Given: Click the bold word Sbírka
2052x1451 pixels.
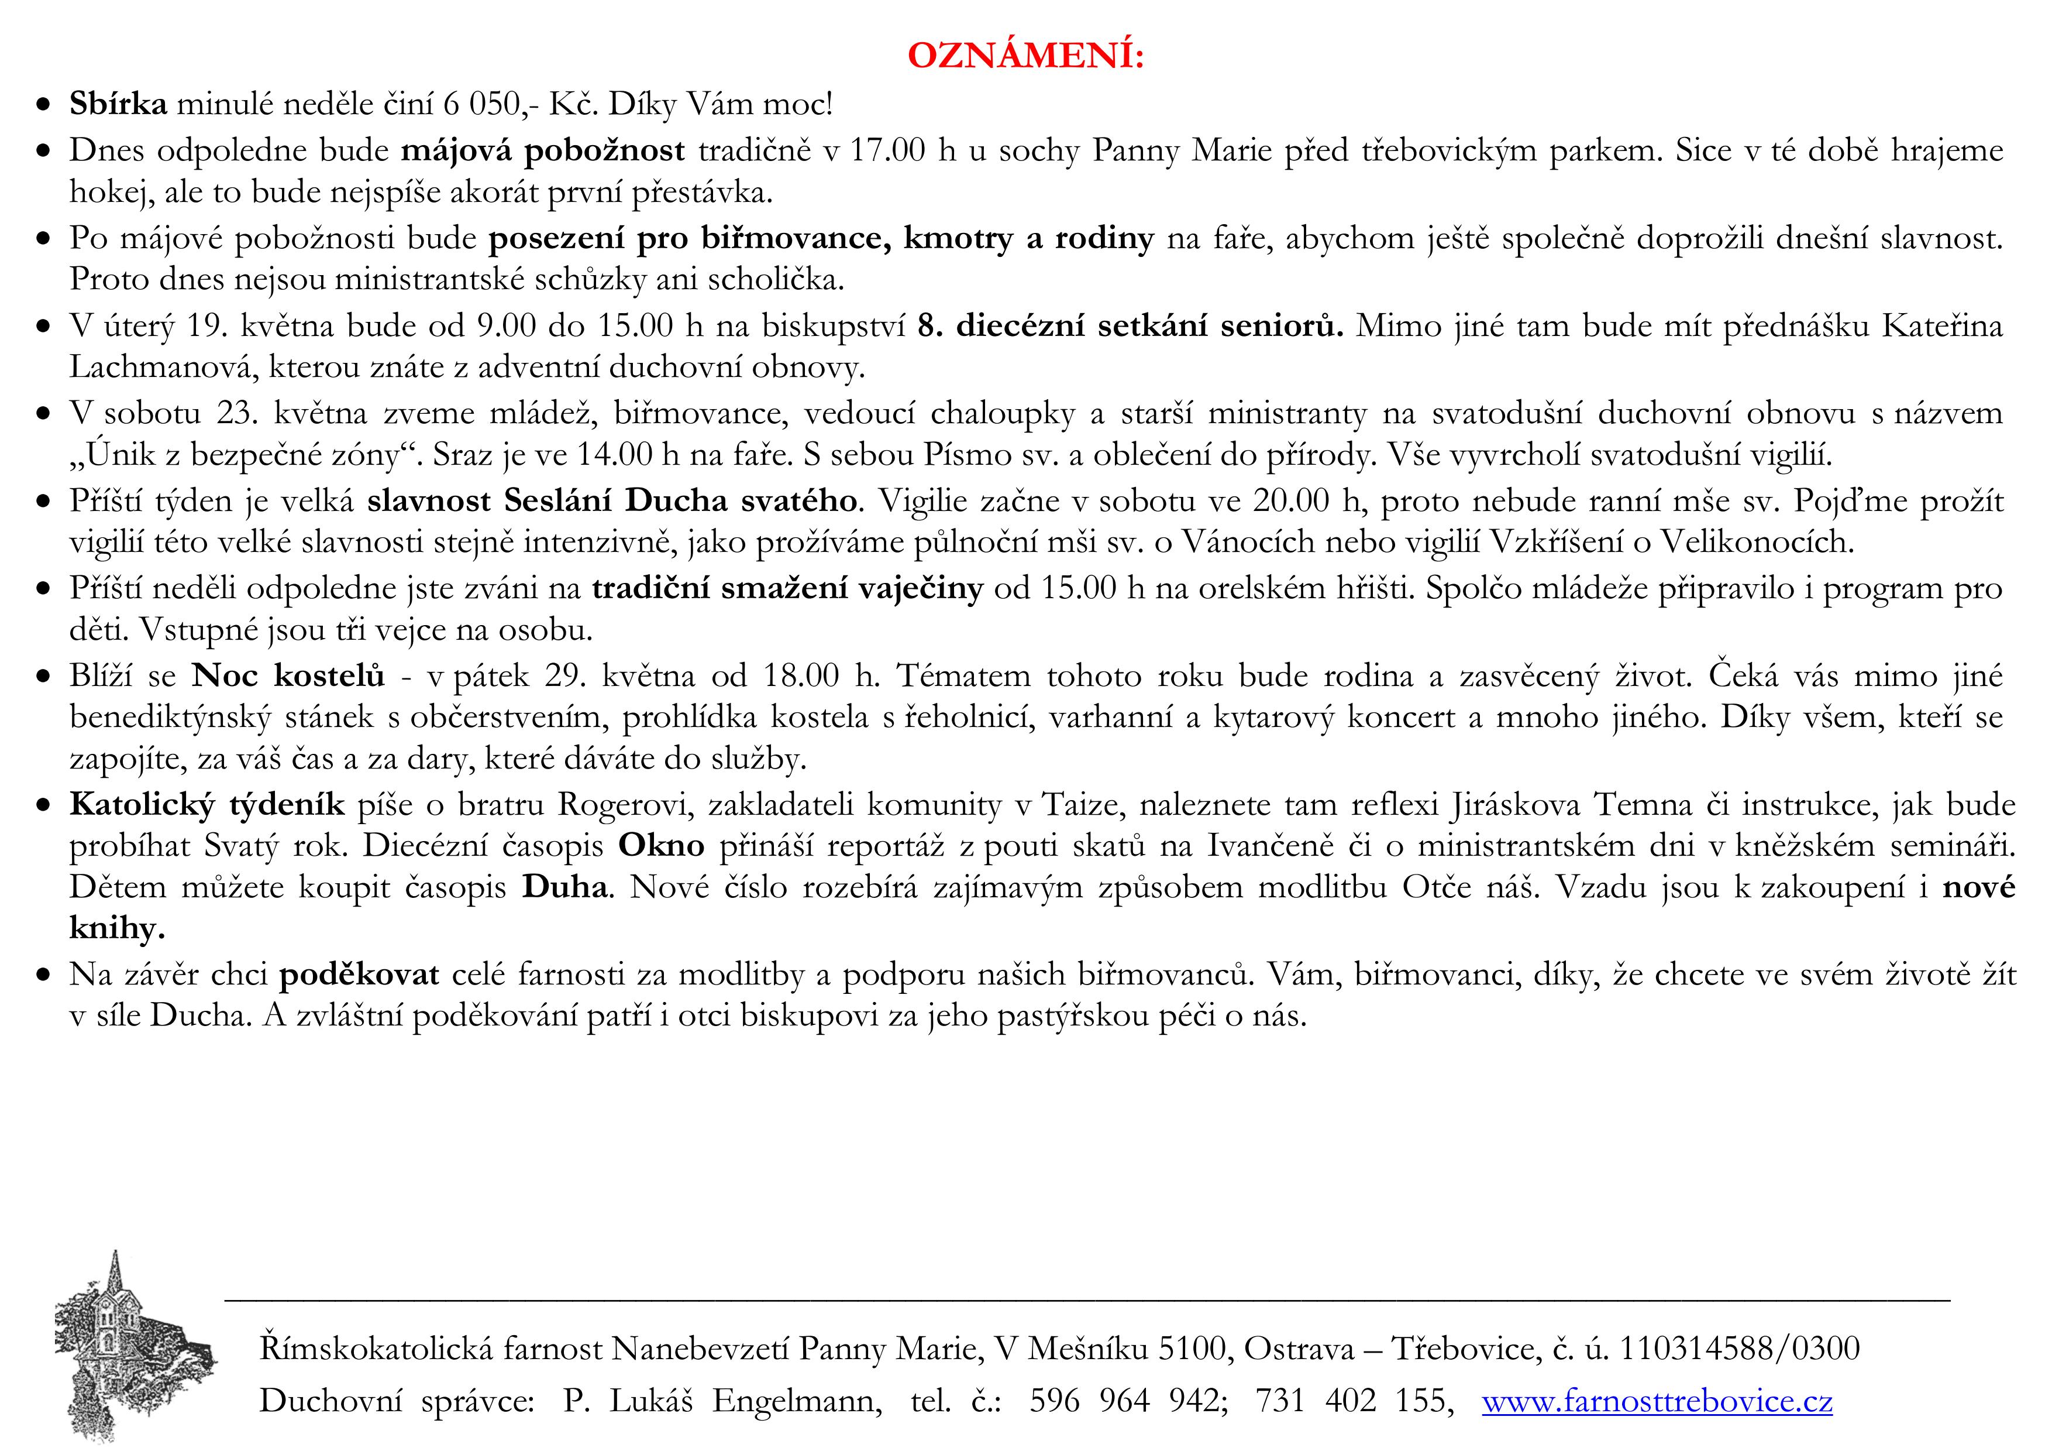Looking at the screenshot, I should [x=118, y=105].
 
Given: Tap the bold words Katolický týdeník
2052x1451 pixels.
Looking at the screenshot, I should [x=206, y=805].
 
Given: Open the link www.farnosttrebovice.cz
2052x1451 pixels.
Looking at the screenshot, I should [x=1657, y=1400].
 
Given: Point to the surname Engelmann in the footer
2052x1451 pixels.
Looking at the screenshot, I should [x=796, y=1400].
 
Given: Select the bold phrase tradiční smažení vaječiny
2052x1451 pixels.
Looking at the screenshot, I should [x=787, y=588].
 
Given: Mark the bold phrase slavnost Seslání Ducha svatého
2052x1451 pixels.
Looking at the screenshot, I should [x=611, y=500].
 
